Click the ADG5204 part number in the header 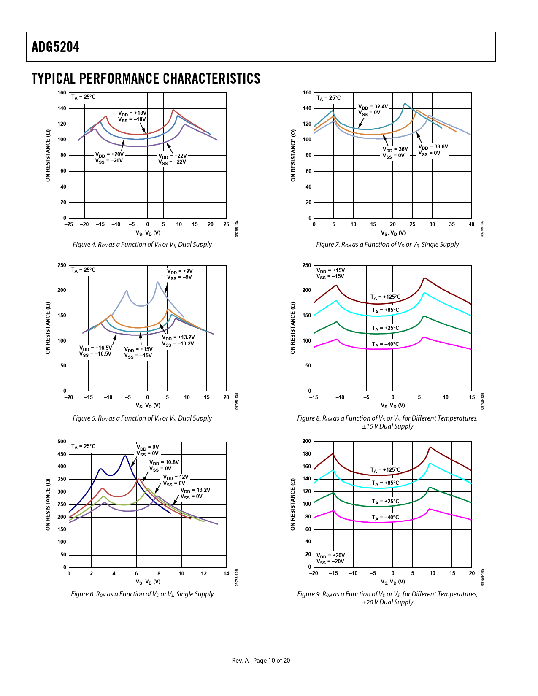[56, 47]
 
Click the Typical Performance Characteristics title [146, 79]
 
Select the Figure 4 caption [142, 245]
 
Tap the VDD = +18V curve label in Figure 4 [132, 113]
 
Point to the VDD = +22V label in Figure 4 [173, 156]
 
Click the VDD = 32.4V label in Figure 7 [373, 107]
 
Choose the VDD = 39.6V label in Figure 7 [433, 147]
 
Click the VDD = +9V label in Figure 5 [180, 271]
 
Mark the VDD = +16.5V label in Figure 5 [96, 348]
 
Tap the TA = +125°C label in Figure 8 [386, 297]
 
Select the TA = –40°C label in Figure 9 [385, 518]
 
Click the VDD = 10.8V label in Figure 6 [164, 462]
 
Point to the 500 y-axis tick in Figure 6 [62, 442]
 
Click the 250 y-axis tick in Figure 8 [307, 265]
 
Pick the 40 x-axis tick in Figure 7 [471, 224]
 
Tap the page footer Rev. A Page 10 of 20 [261, 661]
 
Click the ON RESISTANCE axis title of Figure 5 [48, 328]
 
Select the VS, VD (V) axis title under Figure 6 [148, 582]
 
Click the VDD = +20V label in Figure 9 [331, 556]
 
